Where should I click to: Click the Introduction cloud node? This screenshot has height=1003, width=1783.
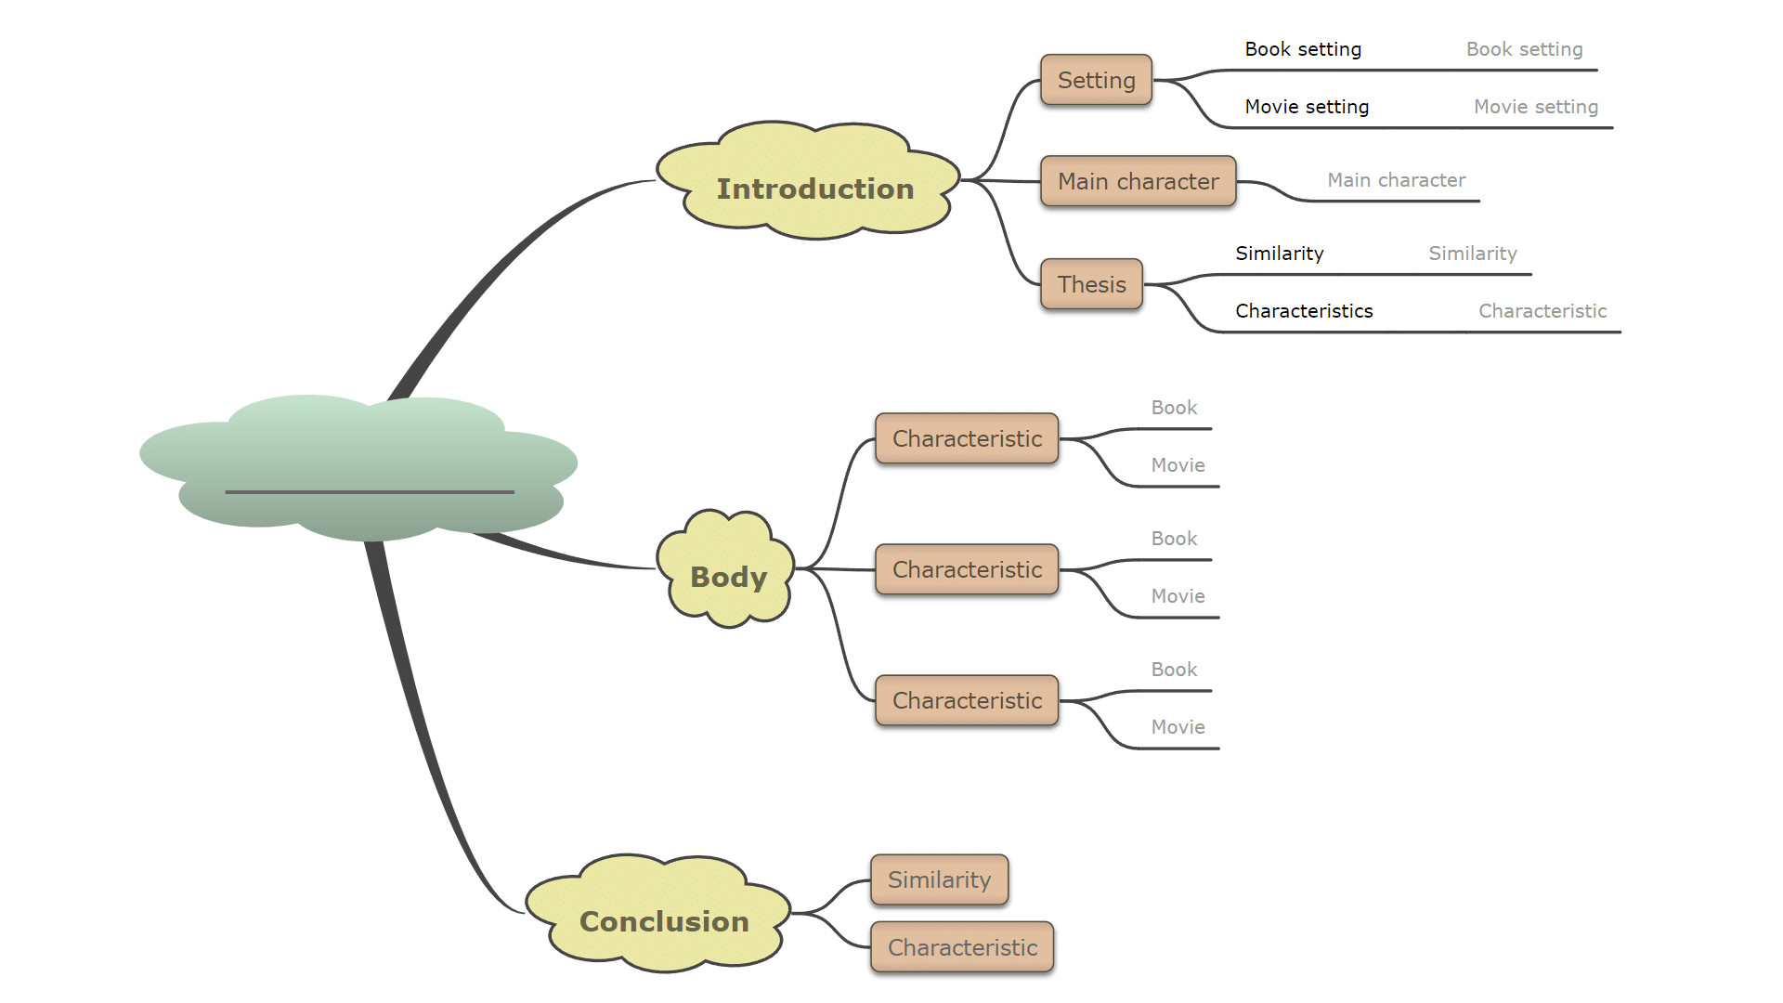(x=813, y=189)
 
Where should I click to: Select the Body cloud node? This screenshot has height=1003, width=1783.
(x=728, y=576)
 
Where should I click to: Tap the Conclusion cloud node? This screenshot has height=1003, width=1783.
(x=663, y=920)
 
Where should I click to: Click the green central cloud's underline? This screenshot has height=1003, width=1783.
(x=369, y=491)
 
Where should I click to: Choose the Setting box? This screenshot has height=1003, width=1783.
(x=1096, y=80)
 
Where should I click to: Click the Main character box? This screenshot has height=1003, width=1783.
(x=1138, y=181)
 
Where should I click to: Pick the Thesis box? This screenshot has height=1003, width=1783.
(x=1091, y=284)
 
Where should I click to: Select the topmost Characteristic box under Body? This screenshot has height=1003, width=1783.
(x=967, y=438)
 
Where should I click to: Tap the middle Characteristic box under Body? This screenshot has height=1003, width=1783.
(x=967, y=569)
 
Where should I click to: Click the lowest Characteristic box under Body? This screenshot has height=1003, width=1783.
(x=967, y=700)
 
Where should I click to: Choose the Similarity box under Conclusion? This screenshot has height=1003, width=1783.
(x=939, y=879)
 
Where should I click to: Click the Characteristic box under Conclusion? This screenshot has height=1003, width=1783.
(x=962, y=947)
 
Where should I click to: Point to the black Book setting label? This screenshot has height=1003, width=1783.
(x=1303, y=49)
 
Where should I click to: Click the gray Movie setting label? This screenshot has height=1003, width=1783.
(x=1536, y=107)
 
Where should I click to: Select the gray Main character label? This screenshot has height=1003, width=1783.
(x=1396, y=180)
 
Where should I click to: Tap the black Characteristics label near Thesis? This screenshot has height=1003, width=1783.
(x=1304, y=311)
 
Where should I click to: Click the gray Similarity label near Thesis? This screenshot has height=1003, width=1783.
(x=1472, y=254)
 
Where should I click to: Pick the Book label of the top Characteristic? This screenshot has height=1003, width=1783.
(x=1174, y=408)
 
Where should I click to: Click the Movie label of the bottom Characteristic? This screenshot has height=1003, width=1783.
(x=1178, y=727)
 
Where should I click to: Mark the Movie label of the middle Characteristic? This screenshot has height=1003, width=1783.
(x=1178, y=596)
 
